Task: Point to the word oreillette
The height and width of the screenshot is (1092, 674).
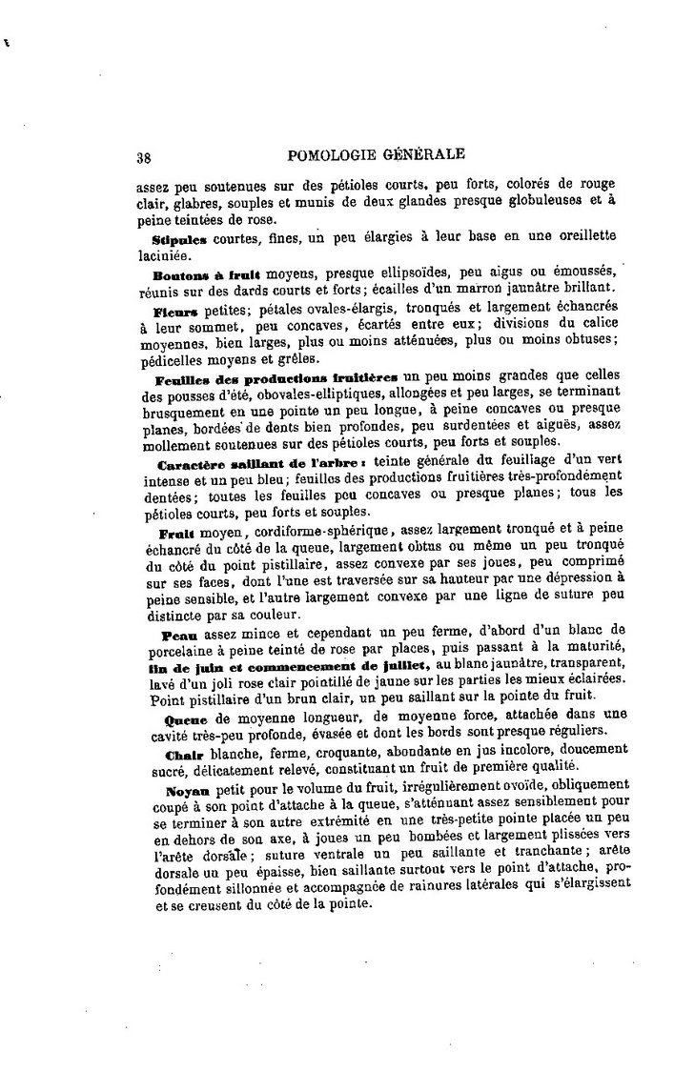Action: (x=582, y=236)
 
